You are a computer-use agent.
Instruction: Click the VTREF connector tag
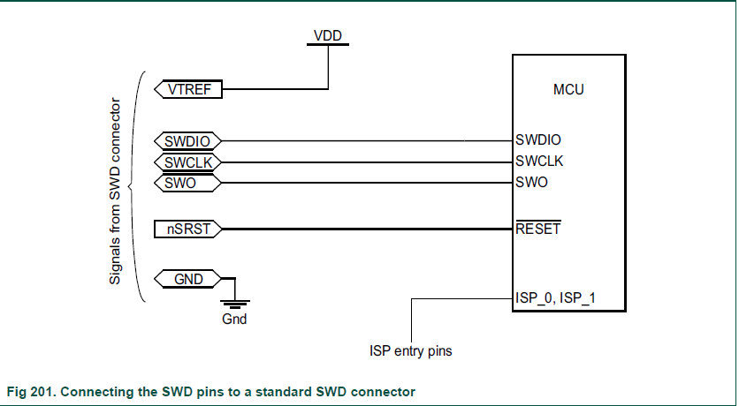pos(187,88)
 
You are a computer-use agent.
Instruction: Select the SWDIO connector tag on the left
pos(187,140)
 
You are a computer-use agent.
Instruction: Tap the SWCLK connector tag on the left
pos(187,162)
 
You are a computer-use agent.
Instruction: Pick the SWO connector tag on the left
pos(187,183)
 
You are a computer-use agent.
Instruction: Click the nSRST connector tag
pos(187,229)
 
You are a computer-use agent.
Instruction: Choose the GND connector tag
pos(187,280)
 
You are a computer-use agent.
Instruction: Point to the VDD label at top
pos(328,35)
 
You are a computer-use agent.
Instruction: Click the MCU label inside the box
pos(568,89)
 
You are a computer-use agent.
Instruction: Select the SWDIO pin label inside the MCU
pos(539,139)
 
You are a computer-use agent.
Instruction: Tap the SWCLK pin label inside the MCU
pos(539,161)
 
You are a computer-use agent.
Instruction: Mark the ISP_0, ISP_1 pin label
pos(555,297)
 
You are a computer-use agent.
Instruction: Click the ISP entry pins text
pos(410,351)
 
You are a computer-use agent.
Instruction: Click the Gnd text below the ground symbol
pos(234,320)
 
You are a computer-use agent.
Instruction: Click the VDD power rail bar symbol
pos(328,45)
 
